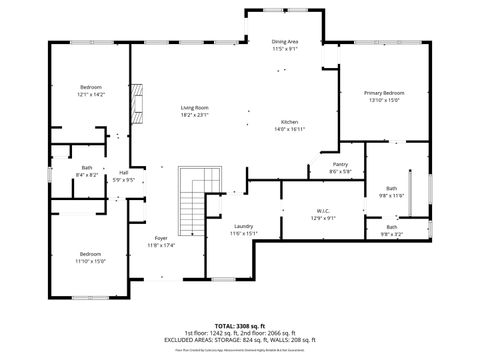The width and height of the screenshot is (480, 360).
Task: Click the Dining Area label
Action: (285, 42)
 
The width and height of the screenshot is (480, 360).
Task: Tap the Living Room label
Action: (194, 107)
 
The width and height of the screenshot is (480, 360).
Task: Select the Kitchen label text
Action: (289, 122)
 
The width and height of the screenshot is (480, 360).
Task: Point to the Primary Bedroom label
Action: (384, 93)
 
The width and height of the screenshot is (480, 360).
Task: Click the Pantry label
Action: (340, 164)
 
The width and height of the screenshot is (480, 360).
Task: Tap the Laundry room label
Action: (244, 226)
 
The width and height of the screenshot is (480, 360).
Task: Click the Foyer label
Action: (160, 238)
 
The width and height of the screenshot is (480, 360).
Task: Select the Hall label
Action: (124, 172)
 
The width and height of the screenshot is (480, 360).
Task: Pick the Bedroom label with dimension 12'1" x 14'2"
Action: (91, 88)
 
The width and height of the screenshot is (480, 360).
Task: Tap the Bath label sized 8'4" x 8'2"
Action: (87, 168)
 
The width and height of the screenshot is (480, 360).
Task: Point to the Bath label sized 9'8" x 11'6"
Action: (391, 188)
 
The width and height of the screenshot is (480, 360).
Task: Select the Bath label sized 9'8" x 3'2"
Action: (391, 227)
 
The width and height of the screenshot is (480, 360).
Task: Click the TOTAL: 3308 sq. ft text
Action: (239, 326)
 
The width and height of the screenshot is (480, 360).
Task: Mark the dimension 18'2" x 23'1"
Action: (194, 114)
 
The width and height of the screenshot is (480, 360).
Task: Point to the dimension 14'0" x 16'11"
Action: (289, 129)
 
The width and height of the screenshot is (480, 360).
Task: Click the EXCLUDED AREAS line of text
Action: (239, 340)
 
